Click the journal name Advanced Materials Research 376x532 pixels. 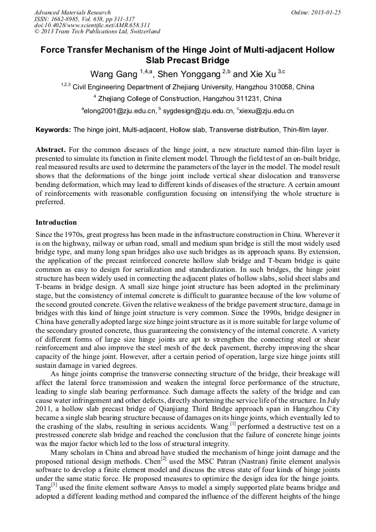[x=72, y=12]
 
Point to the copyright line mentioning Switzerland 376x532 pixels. [x=97, y=32]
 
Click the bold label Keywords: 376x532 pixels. [x=53, y=130]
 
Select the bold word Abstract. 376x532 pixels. [x=50, y=150]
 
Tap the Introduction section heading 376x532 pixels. [x=56, y=222]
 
